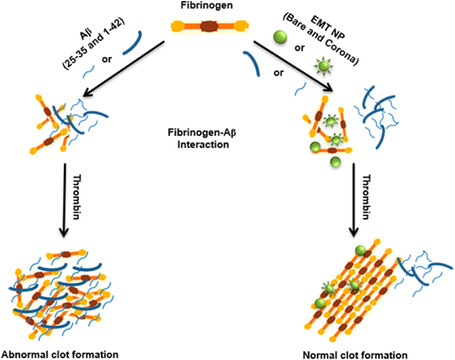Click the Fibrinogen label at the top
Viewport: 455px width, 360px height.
click(x=206, y=5)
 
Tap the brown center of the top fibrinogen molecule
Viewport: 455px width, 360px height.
click(x=209, y=26)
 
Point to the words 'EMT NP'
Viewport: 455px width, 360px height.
click(x=328, y=28)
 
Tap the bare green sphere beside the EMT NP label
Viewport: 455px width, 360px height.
click(x=280, y=37)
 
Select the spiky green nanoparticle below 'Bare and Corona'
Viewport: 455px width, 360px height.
click(x=323, y=67)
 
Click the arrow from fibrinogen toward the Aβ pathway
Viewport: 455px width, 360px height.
click(x=123, y=68)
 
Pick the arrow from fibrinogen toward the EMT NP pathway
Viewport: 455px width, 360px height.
click(x=293, y=67)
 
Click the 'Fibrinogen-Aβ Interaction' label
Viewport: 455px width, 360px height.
click(x=202, y=138)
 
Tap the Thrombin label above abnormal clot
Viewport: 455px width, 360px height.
click(x=77, y=197)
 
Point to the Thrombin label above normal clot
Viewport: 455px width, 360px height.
click(x=367, y=197)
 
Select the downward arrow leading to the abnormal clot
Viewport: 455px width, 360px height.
click(x=64, y=200)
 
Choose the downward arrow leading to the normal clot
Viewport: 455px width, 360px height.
click(x=354, y=200)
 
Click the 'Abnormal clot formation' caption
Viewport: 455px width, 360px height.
click(x=60, y=355)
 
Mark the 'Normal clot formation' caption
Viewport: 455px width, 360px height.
click(x=355, y=355)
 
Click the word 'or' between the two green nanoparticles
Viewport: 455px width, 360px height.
click(x=299, y=47)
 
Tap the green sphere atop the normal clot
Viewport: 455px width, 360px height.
click(x=360, y=251)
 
